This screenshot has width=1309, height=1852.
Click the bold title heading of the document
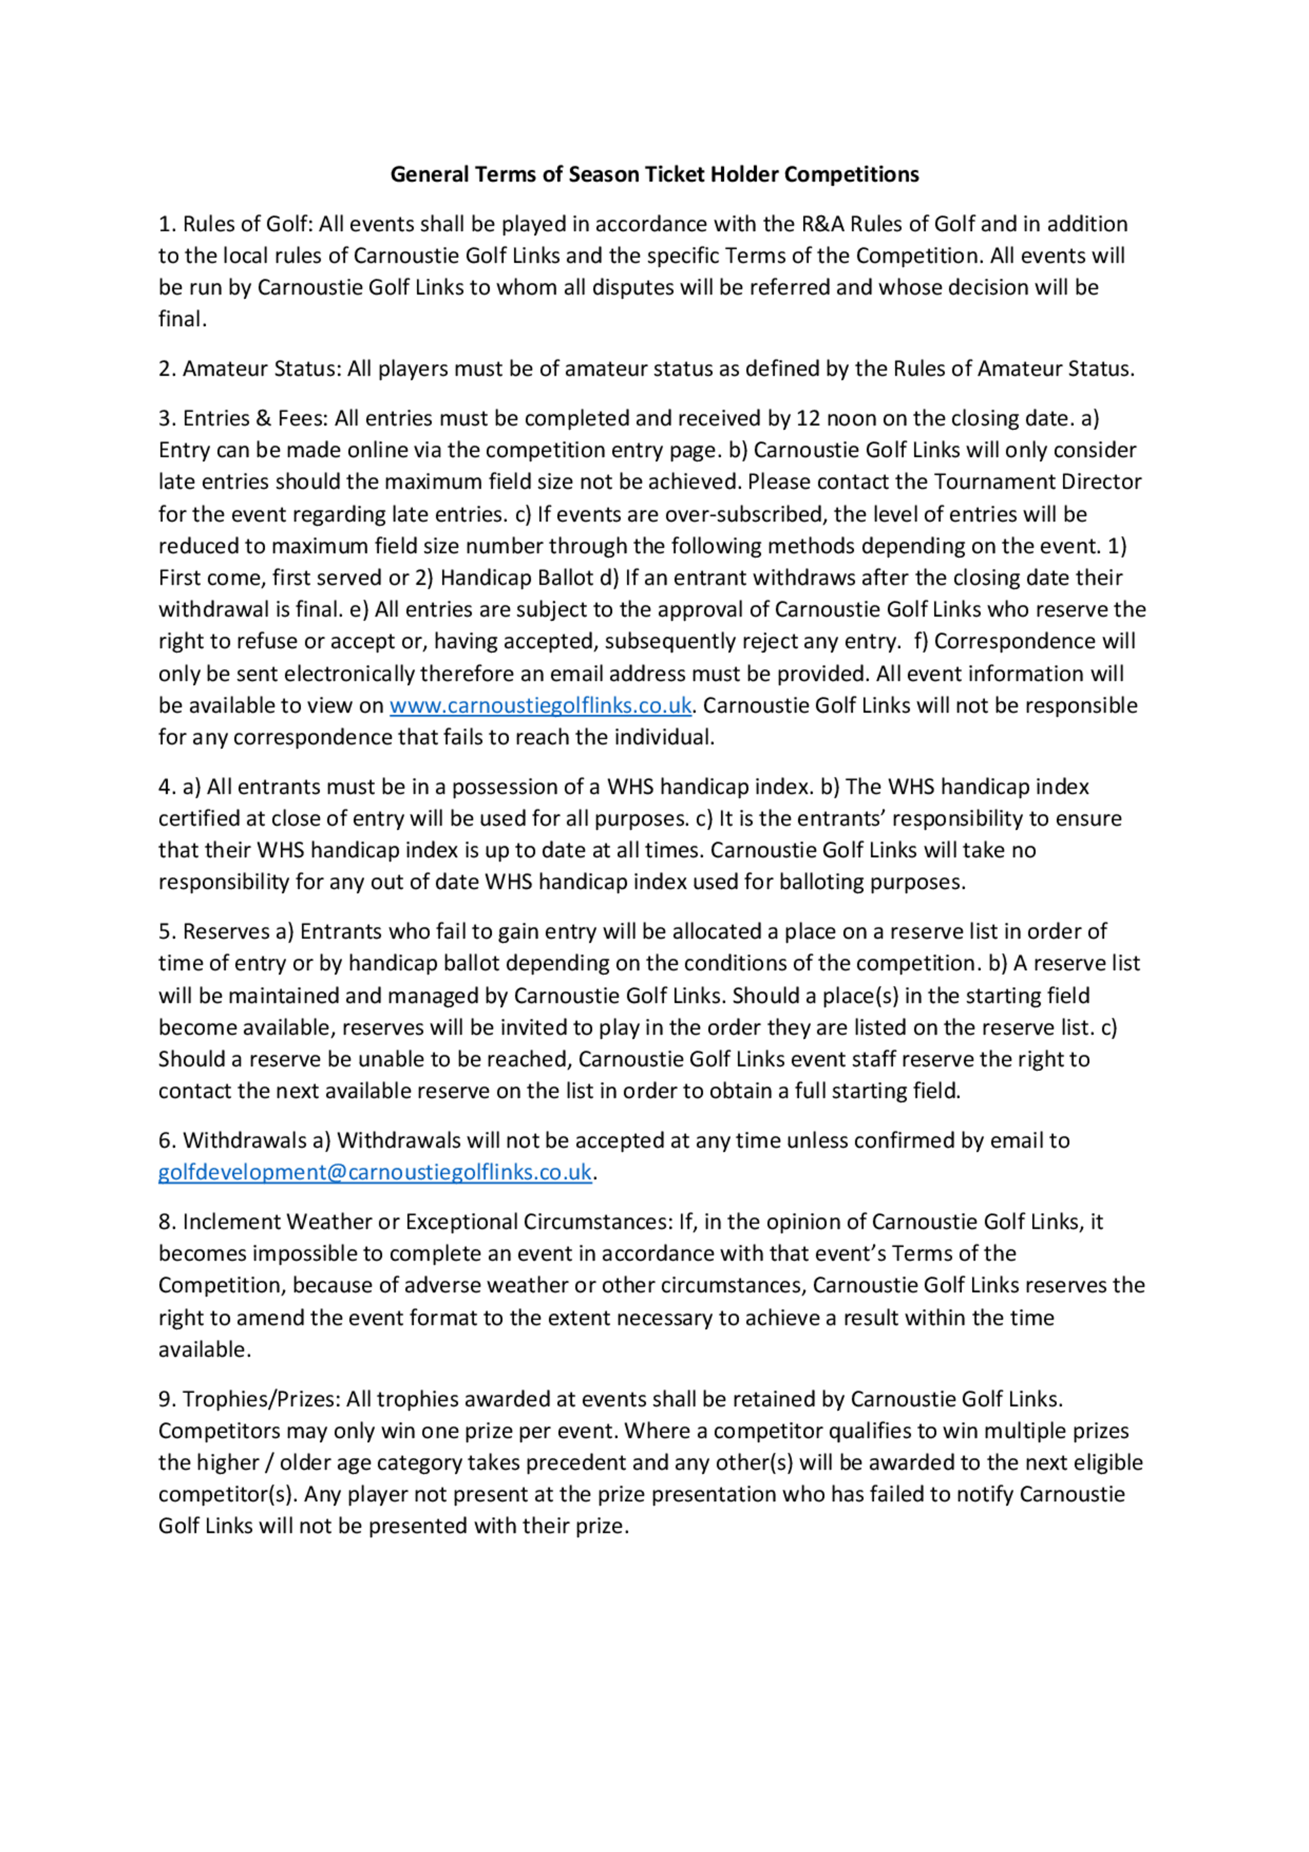point(654,174)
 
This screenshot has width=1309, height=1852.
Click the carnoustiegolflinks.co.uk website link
point(541,705)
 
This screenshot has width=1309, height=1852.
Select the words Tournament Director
point(1037,482)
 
